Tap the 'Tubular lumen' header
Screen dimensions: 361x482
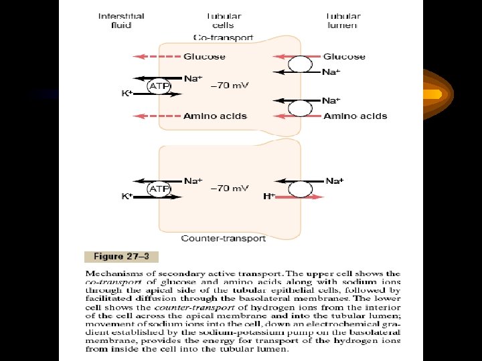pyautogui.click(x=342, y=21)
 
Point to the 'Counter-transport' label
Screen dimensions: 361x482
pyautogui.click(x=224, y=238)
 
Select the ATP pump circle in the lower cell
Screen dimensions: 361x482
pyautogui.click(x=159, y=189)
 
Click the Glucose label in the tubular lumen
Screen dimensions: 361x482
pyautogui.click(x=344, y=57)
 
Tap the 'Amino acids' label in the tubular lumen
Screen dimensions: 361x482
pyautogui.click(x=355, y=116)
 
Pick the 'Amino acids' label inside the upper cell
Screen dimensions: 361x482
pyautogui.click(x=215, y=116)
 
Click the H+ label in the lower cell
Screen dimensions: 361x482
pyautogui.click(x=269, y=197)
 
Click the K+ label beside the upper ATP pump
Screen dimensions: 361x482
pyautogui.click(x=126, y=94)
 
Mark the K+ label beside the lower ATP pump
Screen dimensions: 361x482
pyautogui.click(x=126, y=197)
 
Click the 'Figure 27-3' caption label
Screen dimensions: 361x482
pyautogui.click(x=121, y=256)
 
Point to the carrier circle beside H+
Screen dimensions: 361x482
pyautogui.click(x=301, y=189)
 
